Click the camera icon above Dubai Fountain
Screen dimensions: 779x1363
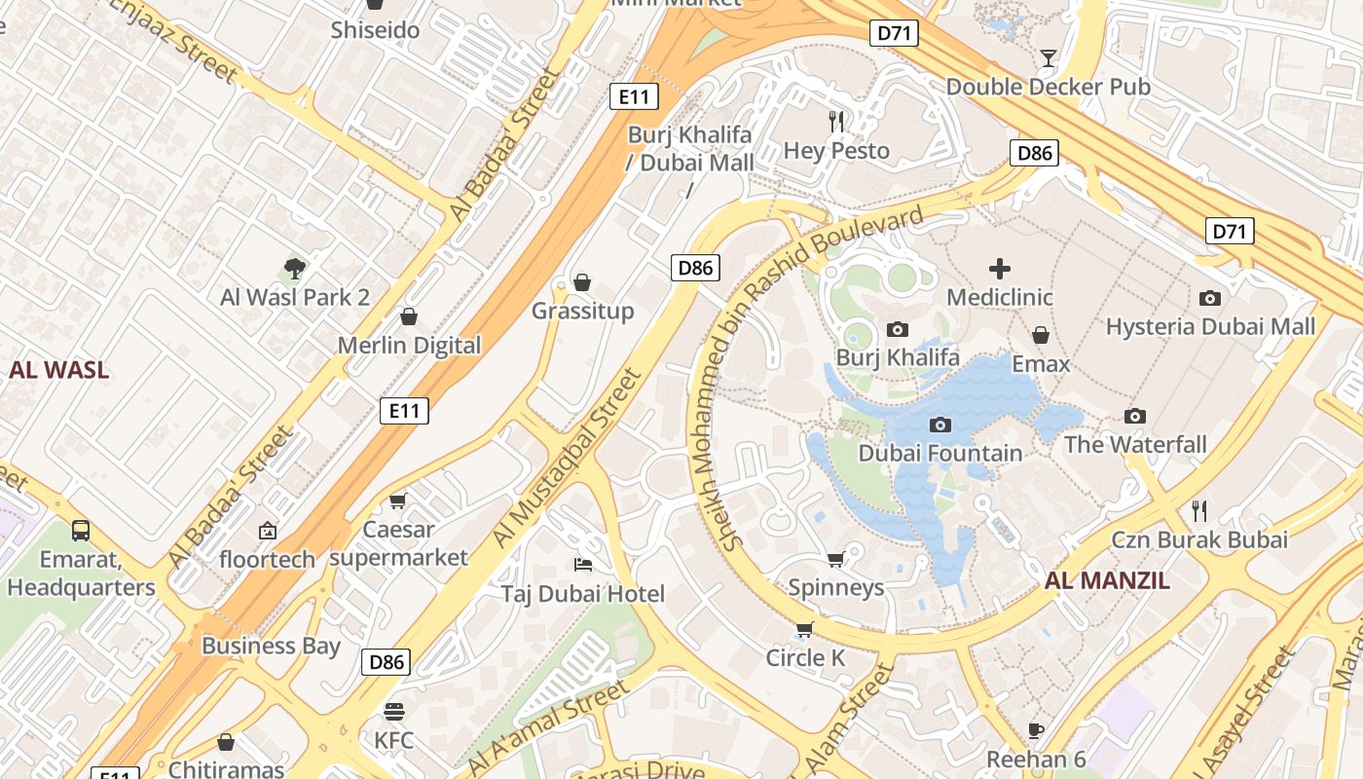(939, 425)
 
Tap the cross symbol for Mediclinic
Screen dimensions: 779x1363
(1000, 269)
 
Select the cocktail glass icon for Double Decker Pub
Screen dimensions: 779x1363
(1048, 58)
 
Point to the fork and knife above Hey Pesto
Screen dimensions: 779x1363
(836, 122)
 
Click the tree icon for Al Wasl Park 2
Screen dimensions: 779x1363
(295, 269)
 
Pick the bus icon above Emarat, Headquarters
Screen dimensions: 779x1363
(81, 531)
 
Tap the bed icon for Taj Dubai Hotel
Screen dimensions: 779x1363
(582, 565)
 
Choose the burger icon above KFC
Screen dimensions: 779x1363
(393, 711)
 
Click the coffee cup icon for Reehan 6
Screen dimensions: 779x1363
(1036, 730)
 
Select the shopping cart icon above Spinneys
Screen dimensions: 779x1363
(835, 559)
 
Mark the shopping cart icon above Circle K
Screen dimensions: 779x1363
(804, 629)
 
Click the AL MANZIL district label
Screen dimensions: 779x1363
(1107, 581)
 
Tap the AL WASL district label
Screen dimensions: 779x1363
(58, 370)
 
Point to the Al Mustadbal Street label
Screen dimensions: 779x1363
(568, 458)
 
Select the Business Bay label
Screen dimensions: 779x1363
(271, 646)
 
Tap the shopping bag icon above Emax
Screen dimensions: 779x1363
(1041, 336)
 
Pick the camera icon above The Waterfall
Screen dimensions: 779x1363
(1134, 417)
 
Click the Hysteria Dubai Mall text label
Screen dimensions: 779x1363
(1210, 326)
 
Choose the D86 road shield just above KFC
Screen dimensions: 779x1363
(386, 663)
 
